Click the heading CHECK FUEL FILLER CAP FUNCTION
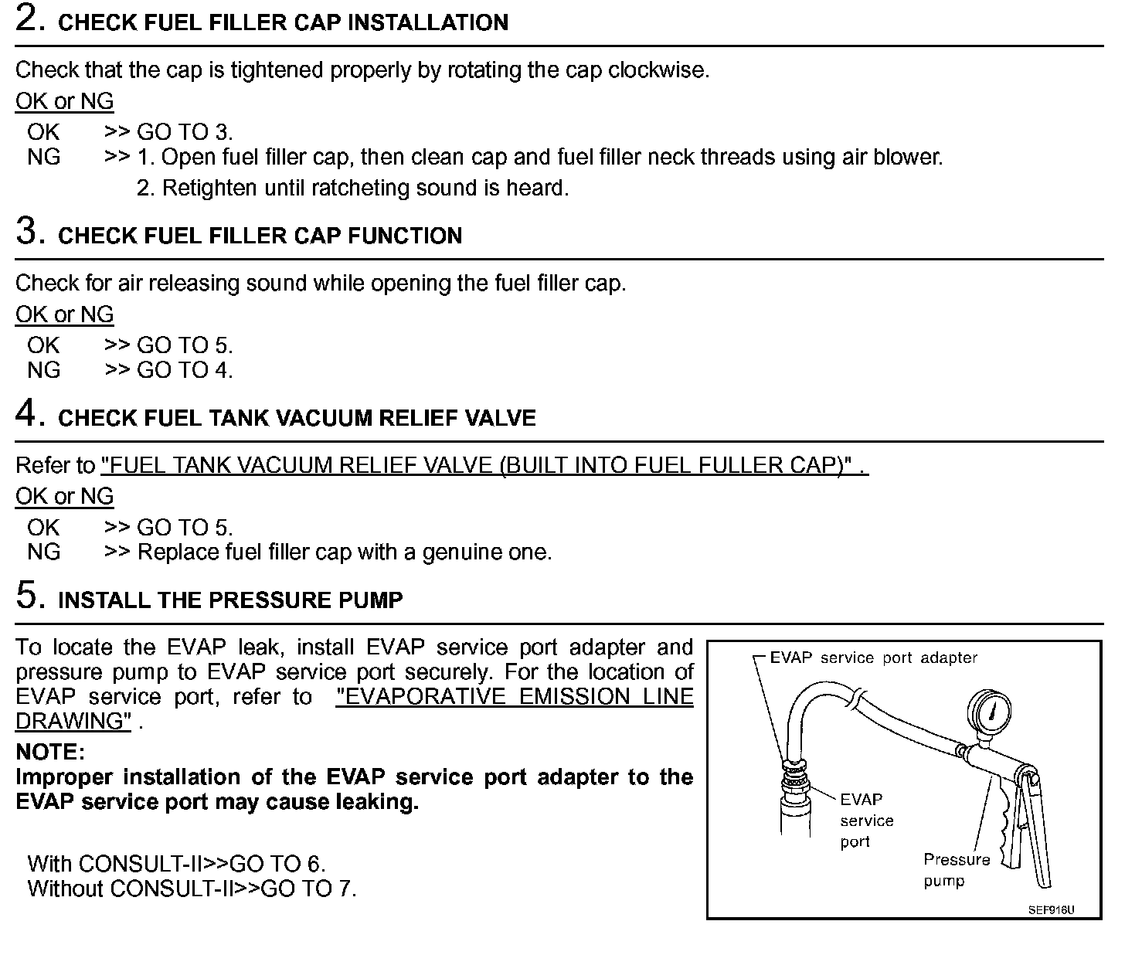click(x=260, y=236)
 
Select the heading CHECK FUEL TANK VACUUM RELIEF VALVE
click(x=297, y=418)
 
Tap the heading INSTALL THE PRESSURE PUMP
click(x=230, y=600)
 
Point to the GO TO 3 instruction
click(x=184, y=132)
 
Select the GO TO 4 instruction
click(x=184, y=370)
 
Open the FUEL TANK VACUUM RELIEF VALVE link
click(x=484, y=465)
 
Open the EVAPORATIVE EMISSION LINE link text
click(x=515, y=697)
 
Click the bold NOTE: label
click(x=50, y=752)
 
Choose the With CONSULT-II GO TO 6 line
click(x=176, y=863)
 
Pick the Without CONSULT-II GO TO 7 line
click(x=192, y=888)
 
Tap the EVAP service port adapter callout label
click(x=873, y=658)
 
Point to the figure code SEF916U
click(x=1051, y=909)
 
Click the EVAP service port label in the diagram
click(x=866, y=821)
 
